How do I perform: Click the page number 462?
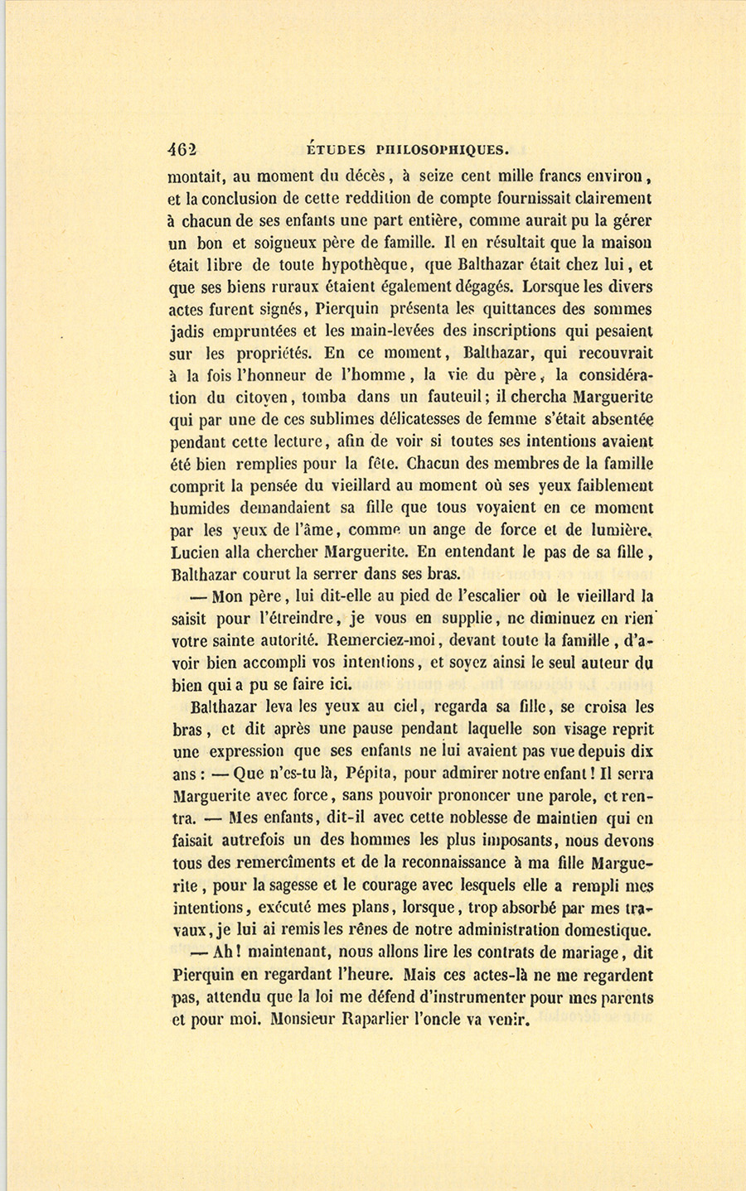click(x=182, y=149)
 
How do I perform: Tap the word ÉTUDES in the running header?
click(x=336, y=150)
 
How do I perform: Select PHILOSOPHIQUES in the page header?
click(x=441, y=150)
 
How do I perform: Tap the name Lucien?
click(x=196, y=552)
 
